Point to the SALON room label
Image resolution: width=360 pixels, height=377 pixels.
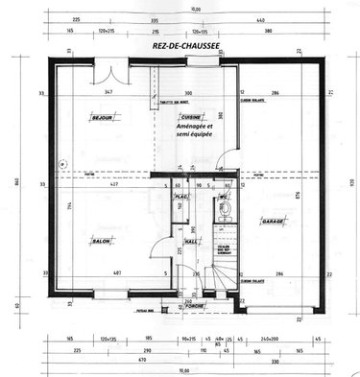click(100, 240)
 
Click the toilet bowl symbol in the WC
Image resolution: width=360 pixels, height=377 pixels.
click(223, 217)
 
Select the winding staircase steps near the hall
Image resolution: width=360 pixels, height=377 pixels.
click(218, 268)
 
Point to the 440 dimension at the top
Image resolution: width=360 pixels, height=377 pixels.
click(286, 19)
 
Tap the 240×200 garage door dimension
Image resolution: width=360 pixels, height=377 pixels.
click(270, 340)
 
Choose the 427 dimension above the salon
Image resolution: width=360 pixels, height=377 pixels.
click(114, 183)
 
